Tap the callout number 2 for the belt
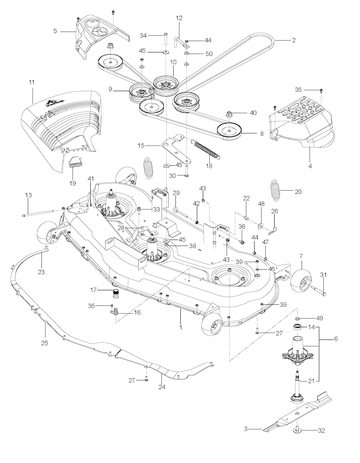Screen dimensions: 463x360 [x=293, y=40]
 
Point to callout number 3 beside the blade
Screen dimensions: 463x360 [x=246, y=429]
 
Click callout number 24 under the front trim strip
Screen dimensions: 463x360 [x=161, y=387]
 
